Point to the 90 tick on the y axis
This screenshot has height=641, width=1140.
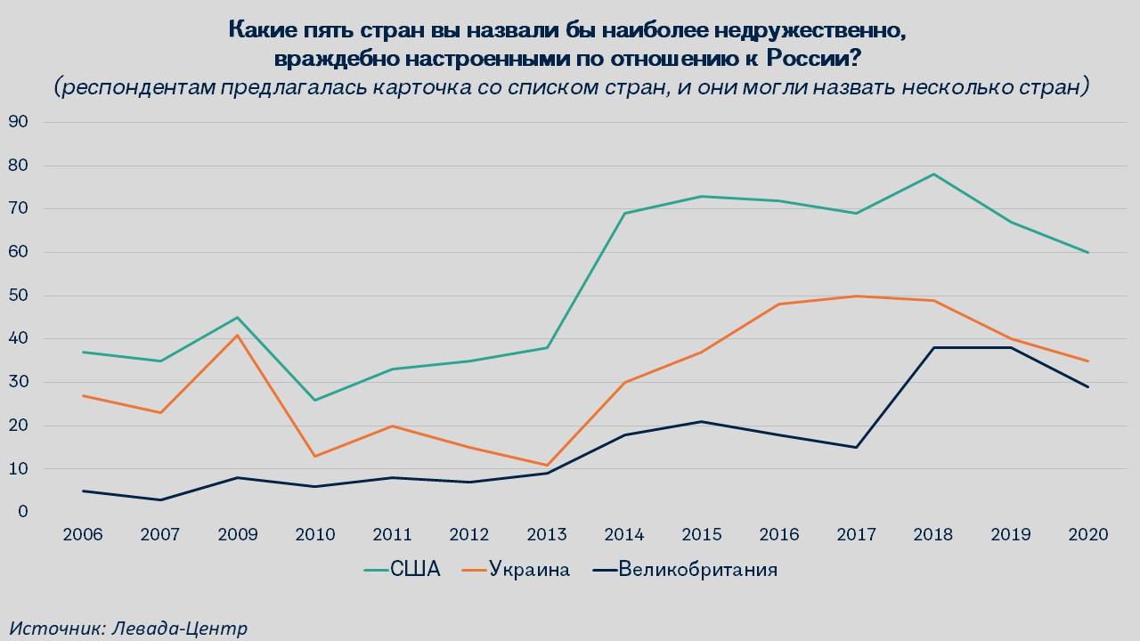point(18,122)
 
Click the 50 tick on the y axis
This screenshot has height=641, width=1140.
point(18,296)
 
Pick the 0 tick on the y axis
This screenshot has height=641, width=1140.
point(22,513)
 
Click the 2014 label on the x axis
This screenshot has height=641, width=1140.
point(624,535)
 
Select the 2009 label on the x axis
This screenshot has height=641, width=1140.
point(238,535)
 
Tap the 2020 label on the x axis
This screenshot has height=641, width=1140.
point(1088,535)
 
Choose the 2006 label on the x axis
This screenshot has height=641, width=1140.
point(83,535)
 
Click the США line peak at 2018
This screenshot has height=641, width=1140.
point(933,174)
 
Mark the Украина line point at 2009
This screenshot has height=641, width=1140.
point(238,335)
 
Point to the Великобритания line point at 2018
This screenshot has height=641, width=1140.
point(933,347)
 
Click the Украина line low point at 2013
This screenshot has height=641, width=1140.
point(547,465)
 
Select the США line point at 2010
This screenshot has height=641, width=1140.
point(315,400)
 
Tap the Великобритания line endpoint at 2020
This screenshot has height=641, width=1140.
point(1088,386)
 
